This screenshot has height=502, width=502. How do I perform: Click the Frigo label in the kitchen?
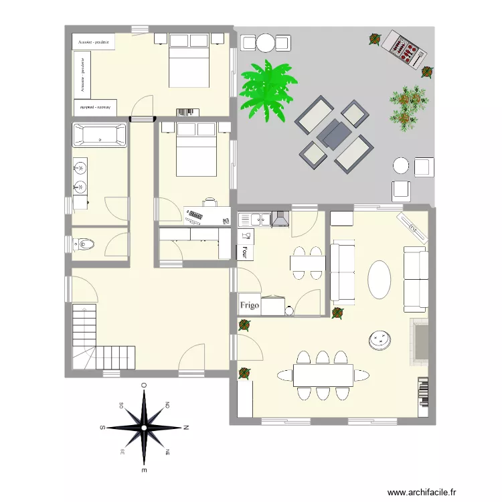click(x=250, y=305)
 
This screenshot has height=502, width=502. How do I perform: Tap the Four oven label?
click(x=244, y=252)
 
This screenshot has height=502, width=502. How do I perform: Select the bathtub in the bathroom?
click(x=99, y=136)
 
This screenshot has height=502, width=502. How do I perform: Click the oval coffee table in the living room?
click(x=380, y=279)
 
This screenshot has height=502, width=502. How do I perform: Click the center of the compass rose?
click(x=144, y=426)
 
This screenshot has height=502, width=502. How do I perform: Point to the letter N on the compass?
click(x=187, y=426)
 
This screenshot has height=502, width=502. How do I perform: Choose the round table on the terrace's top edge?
click(x=266, y=44)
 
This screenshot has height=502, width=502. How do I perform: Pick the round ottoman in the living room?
click(x=380, y=340)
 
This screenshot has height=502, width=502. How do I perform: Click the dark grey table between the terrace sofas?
click(x=333, y=135)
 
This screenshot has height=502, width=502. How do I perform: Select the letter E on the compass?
click(x=144, y=471)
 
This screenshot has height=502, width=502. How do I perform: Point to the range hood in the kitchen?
click(x=280, y=218)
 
